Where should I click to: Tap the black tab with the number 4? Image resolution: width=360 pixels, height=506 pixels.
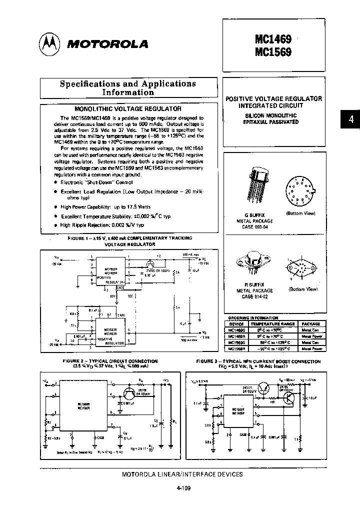coord(351,119)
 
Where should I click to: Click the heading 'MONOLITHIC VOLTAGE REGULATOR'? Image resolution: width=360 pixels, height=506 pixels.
coord(127,108)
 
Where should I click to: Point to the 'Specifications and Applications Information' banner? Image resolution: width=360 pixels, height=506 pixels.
coord(128,88)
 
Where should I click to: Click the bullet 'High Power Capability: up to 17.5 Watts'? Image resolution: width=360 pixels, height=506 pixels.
coord(105,206)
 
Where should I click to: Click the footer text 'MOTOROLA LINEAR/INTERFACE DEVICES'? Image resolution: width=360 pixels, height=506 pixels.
coord(182,474)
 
